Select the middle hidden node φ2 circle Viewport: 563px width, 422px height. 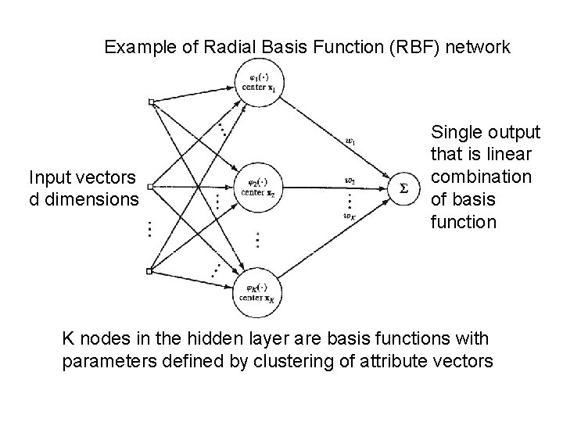258,188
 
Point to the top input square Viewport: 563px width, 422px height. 152,102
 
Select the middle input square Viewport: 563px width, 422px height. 152,187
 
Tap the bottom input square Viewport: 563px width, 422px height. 152,271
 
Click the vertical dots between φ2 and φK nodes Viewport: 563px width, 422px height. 257,238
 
